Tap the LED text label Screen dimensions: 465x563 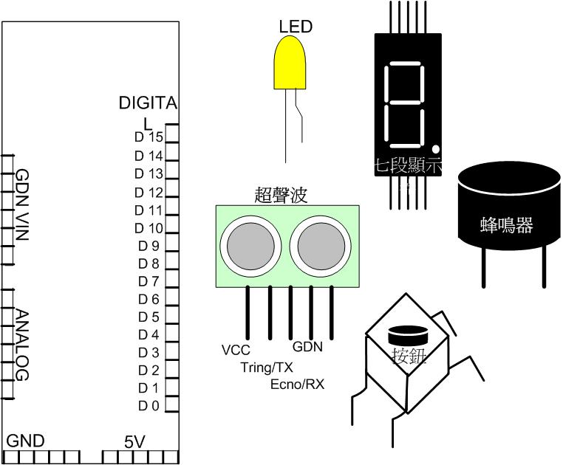point(296,27)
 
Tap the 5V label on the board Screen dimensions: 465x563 point(134,441)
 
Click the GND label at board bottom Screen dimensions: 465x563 point(26,441)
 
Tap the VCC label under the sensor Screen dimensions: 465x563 point(236,349)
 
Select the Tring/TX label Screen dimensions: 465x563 point(267,367)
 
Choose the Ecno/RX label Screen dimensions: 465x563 point(297,385)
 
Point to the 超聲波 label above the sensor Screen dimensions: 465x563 point(280,194)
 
